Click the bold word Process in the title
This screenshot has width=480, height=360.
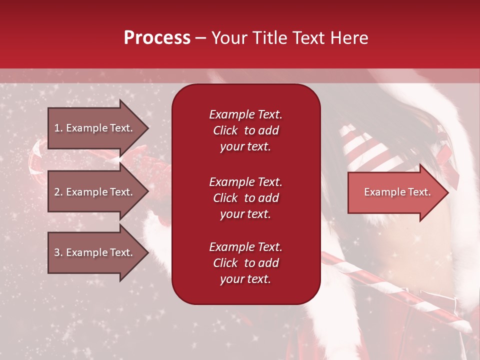157,38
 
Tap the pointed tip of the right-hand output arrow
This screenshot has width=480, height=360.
447,192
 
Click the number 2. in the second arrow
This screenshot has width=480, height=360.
58,192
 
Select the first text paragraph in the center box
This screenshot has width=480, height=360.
245,130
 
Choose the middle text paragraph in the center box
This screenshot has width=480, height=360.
245,198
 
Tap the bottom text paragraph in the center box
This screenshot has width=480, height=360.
245,263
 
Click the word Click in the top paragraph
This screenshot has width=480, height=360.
225,130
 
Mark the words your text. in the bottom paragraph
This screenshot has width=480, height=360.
245,279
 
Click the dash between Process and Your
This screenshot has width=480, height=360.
200,38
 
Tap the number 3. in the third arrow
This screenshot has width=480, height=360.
58,252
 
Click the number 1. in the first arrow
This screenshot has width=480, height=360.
58,128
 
